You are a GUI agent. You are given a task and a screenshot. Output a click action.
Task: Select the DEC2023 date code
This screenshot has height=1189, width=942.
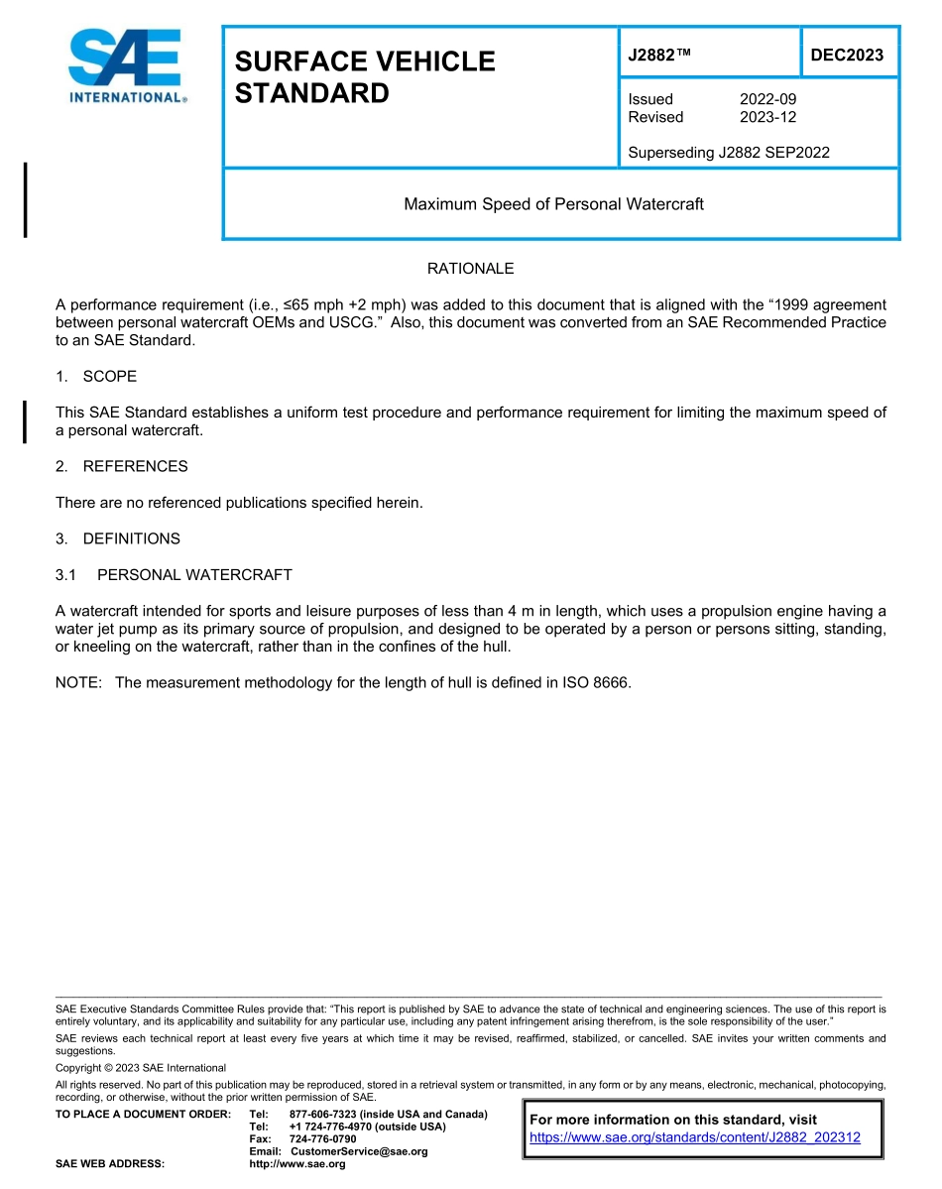click(847, 55)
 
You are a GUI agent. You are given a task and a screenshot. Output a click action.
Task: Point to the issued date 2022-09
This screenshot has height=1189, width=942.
click(767, 99)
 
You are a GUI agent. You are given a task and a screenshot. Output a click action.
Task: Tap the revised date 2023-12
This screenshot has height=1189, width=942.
click(767, 117)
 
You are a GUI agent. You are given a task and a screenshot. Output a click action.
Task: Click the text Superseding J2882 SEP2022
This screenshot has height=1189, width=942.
click(729, 153)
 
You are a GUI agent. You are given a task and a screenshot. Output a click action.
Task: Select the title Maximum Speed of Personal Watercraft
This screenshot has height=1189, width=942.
click(553, 204)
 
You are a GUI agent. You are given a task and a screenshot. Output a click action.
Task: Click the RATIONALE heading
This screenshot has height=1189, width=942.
click(470, 269)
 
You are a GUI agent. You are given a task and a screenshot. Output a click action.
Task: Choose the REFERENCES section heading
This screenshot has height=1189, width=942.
click(135, 466)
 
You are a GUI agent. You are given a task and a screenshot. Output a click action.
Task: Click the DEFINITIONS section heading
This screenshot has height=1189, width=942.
click(131, 538)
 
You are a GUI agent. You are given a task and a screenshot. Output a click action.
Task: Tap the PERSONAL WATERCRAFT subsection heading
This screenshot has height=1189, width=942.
click(194, 575)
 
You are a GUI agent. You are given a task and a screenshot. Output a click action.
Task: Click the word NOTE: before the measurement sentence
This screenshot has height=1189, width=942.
click(79, 683)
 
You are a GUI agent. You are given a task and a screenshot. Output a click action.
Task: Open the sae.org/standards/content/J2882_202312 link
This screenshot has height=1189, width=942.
click(695, 1137)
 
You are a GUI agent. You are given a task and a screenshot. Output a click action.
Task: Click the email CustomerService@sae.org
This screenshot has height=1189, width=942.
click(359, 1151)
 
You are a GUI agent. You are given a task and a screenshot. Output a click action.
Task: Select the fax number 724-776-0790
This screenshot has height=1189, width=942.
click(322, 1139)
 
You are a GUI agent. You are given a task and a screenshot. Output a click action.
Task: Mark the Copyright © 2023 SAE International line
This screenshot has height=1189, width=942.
click(141, 1068)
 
